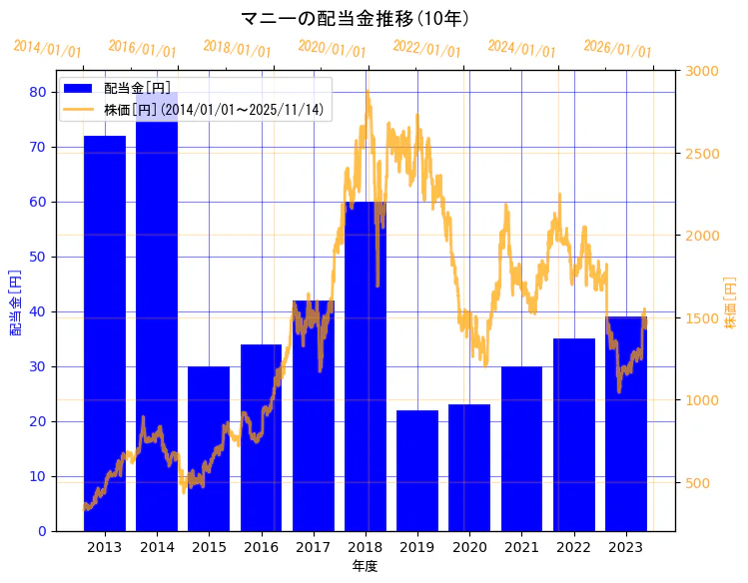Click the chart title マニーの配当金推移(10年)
click(356, 18)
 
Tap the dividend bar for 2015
click(209, 448)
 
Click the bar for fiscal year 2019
click(417, 470)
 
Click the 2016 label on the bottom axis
click(261, 547)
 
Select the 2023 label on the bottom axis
click(626, 547)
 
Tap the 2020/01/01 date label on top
click(333, 49)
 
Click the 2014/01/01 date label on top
click(47, 49)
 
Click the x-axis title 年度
click(365, 566)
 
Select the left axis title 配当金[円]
click(15, 301)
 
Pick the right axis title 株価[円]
click(730, 303)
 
